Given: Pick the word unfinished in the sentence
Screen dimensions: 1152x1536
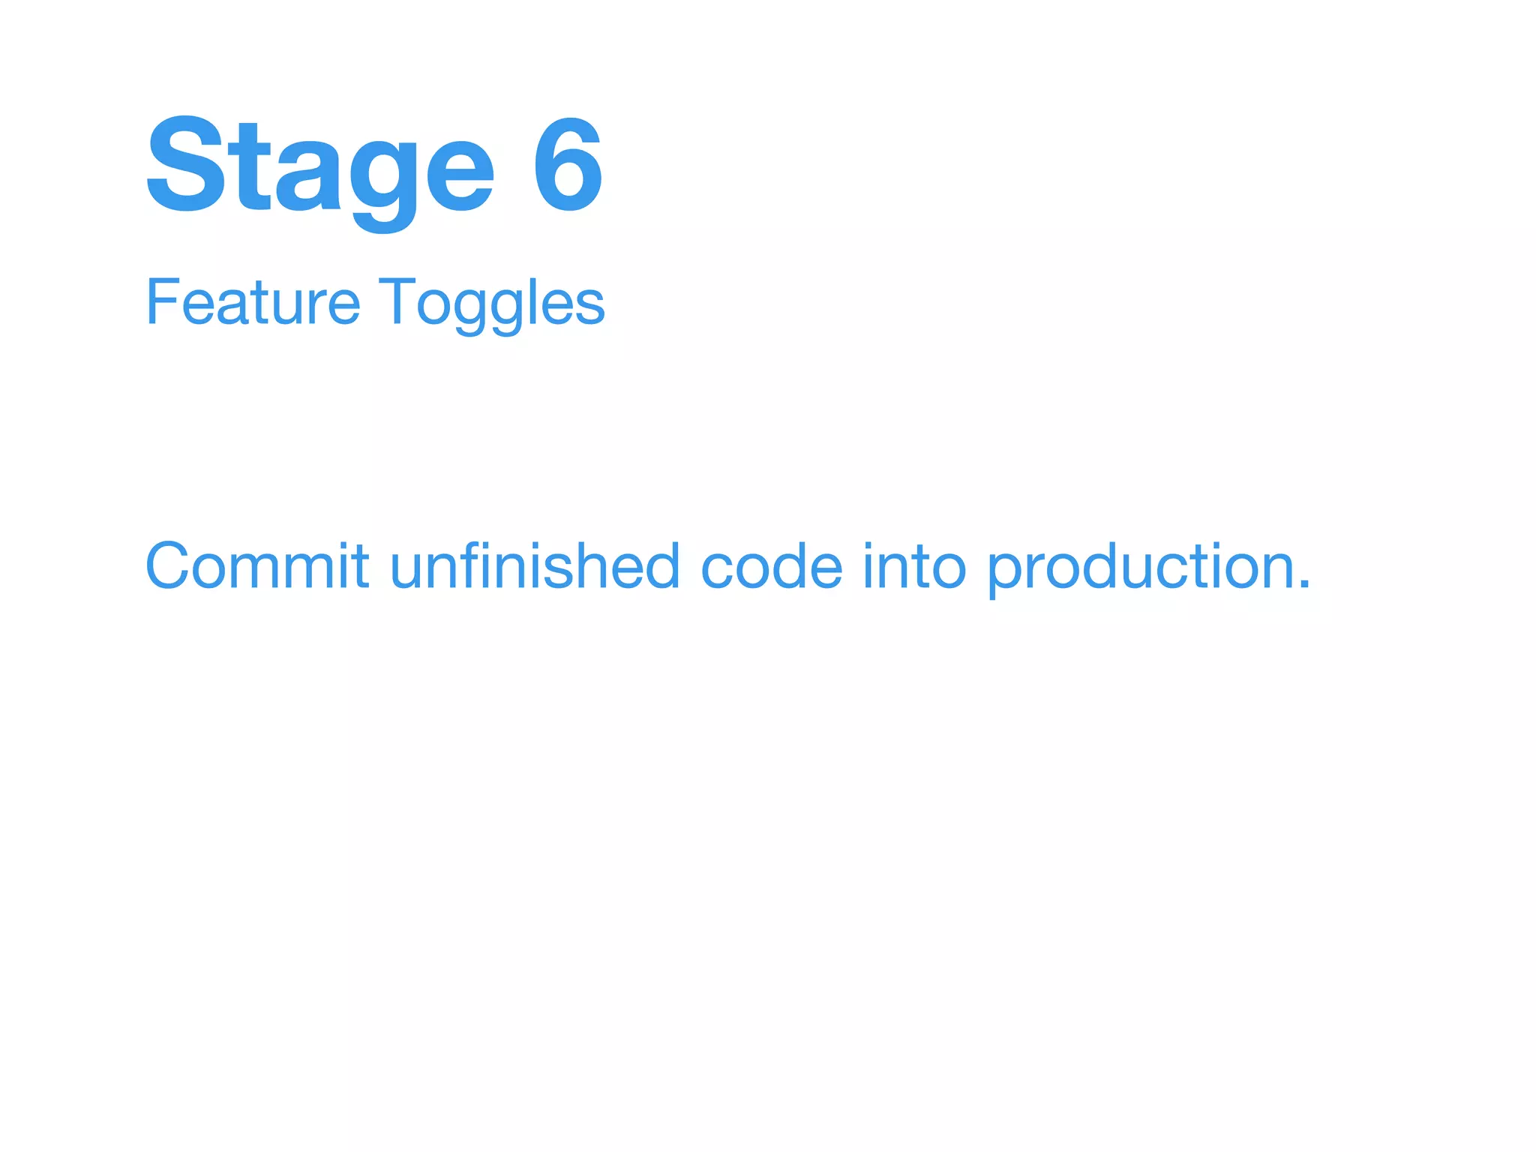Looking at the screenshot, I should point(535,565).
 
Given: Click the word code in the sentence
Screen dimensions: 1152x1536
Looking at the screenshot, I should point(772,567).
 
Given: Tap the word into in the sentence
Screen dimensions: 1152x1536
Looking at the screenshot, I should point(914,565).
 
